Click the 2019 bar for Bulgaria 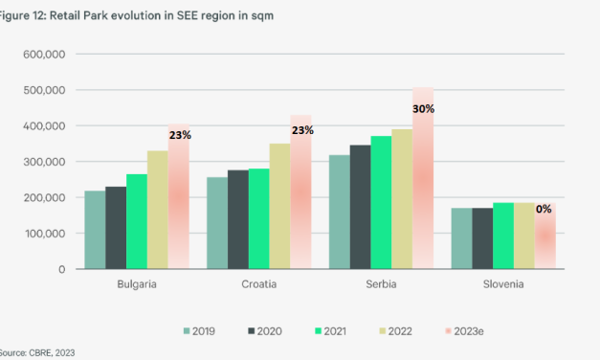(x=96, y=230)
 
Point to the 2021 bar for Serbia (x=379, y=202)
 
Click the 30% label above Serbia (x=424, y=109)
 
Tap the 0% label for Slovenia (x=543, y=209)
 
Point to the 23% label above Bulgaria (x=180, y=135)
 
